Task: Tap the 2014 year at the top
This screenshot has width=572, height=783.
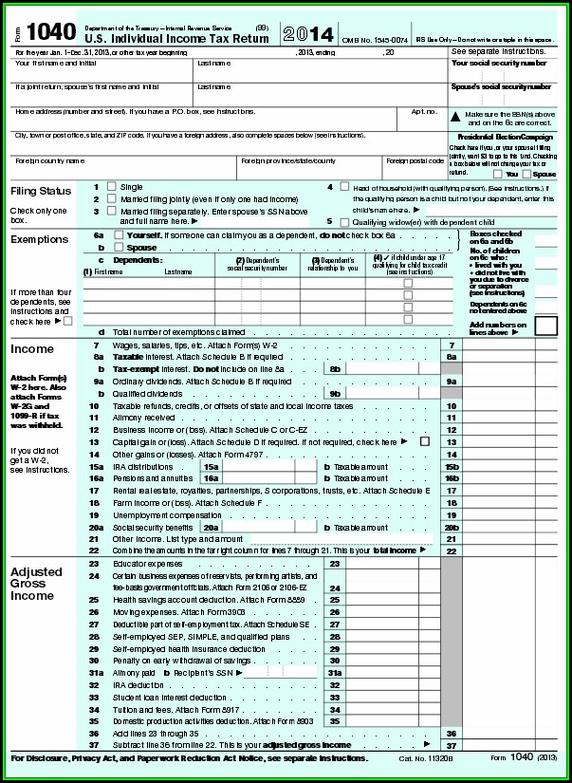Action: [x=310, y=36]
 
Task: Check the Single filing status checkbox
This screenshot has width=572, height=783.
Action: [x=111, y=187]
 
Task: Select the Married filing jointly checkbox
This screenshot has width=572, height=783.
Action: [x=111, y=198]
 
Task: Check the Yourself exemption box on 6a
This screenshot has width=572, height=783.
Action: [x=118, y=233]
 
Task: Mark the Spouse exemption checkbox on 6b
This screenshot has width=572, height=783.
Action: [x=118, y=246]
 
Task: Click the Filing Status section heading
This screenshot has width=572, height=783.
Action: [x=41, y=191]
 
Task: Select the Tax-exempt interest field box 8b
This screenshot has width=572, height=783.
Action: [x=335, y=368]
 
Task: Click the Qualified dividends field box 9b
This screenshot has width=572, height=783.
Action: [x=335, y=393]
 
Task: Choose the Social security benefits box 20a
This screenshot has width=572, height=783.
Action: [x=211, y=527]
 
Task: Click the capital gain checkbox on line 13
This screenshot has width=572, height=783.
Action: [x=424, y=441]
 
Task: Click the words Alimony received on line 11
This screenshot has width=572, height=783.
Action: [x=144, y=418]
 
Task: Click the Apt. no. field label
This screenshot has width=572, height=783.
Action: [x=423, y=111]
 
